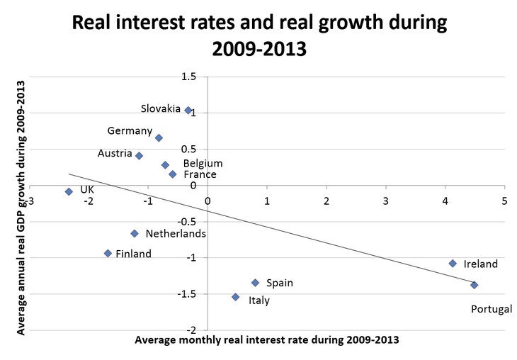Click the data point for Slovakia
pyautogui.click(x=188, y=110)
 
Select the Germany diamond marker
pyautogui.click(x=159, y=137)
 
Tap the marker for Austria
pyautogui.click(x=139, y=155)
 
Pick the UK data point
pyautogui.click(x=69, y=191)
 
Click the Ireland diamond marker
pyautogui.click(x=453, y=263)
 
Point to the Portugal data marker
pyautogui.click(x=474, y=285)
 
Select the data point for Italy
pyautogui.click(x=235, y=297)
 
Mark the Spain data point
pyautogui.click(x=255, y=283)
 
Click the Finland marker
pyautogui.click(x=108, y=253)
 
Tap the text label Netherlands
pyautogui.click(x=176, y=233)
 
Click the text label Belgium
pyautogui.click(x=203, y=164)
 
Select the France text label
pyautogui.click(x=200, y=174)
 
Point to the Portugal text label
pyautogui.click(x=492, y=308)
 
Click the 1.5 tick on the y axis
pyautogui.click(x=188, y=77)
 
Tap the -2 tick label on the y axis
pyautogui.click(x=189, y=330)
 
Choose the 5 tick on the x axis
pyautogui.click(x=504, y=202)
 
